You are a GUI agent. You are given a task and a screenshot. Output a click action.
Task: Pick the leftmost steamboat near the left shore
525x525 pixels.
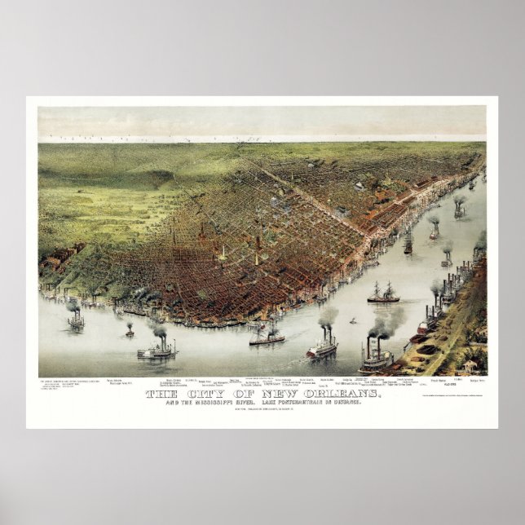coord(76,320)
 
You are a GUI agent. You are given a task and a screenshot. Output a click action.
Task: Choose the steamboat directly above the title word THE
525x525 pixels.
coord(157,351)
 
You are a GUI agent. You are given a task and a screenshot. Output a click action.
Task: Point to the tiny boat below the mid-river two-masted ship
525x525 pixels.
coord(354,321)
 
